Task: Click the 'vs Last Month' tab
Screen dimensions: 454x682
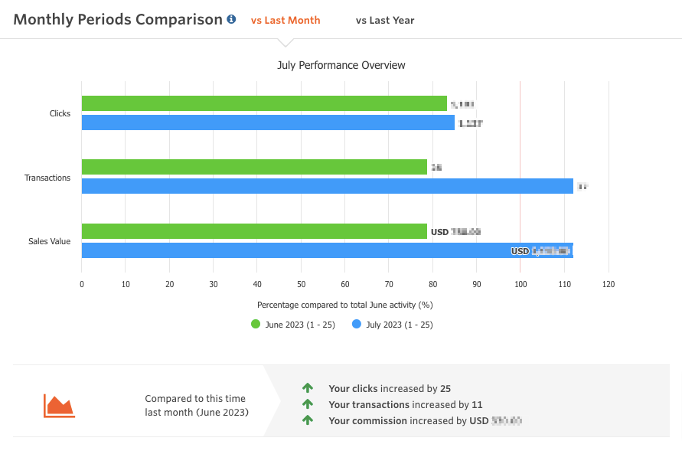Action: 286,21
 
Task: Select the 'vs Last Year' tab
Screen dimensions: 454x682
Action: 385,21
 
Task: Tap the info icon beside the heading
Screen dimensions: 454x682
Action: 231,20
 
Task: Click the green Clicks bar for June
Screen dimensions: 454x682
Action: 264,103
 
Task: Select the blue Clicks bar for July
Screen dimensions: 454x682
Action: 268,122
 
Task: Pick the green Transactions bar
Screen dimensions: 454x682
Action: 254,167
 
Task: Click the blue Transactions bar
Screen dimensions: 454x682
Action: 327,186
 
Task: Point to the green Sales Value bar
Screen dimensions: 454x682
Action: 254,231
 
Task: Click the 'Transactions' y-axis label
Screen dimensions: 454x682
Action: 47,178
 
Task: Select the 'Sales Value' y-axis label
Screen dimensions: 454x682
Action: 50,241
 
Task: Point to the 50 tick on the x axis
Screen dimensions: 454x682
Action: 301,284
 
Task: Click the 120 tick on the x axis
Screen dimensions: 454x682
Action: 609,284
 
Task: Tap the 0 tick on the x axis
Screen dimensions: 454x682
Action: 82,284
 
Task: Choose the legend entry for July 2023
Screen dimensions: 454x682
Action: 392,325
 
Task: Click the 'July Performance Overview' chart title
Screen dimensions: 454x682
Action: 341,65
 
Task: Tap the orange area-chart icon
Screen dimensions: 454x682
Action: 59,405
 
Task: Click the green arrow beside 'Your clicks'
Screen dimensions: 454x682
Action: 308,388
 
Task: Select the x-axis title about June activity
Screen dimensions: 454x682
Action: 345,305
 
